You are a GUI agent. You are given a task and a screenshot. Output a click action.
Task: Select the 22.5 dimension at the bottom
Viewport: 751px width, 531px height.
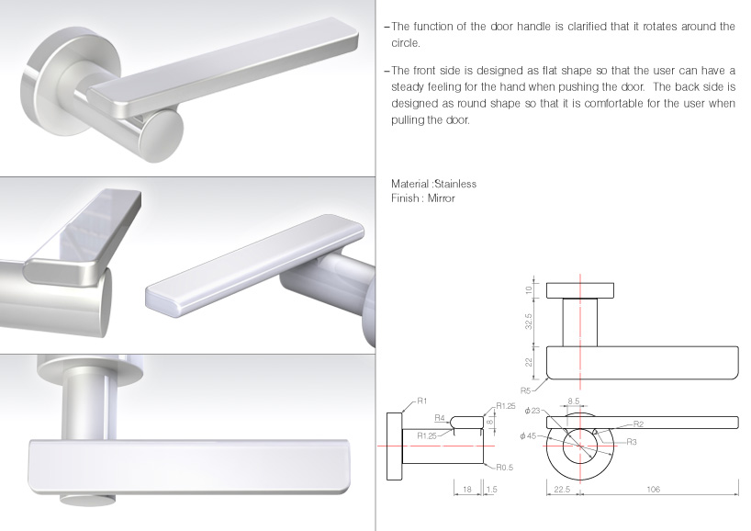(x=562, y=490)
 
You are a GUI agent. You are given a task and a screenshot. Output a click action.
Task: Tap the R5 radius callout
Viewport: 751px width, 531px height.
(x=526, y=390)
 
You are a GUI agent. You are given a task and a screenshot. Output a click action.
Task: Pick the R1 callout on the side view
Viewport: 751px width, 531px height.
(x=422, y=401)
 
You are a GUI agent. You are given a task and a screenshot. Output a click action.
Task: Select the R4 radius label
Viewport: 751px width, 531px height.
(x=440, y=418)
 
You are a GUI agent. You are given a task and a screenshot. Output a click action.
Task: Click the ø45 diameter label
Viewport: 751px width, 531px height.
(x=527, y=435)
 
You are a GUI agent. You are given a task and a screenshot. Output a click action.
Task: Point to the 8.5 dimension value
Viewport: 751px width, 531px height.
(x=573, y=401)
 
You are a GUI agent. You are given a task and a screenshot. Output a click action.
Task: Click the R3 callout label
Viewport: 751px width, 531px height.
(x=631, y=442)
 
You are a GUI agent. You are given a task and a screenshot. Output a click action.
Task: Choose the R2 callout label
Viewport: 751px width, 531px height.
(x=637, y=424)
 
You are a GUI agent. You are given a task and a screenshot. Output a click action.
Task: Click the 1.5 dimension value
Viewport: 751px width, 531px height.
(x=491, y=491)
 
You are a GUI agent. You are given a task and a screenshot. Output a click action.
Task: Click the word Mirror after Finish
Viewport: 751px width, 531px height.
(x=440, y=198)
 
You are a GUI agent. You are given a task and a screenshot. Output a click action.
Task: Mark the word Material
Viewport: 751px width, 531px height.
(x=410, y=184)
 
